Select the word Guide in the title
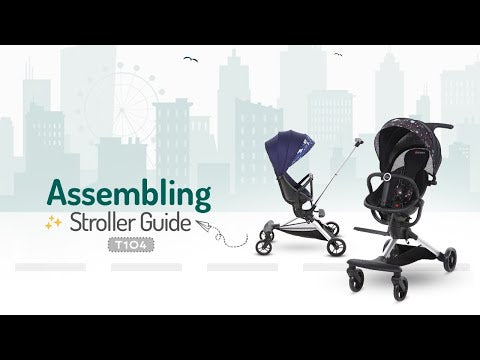click(x=165, y=224)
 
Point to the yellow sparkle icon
click(x=49, y=226)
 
